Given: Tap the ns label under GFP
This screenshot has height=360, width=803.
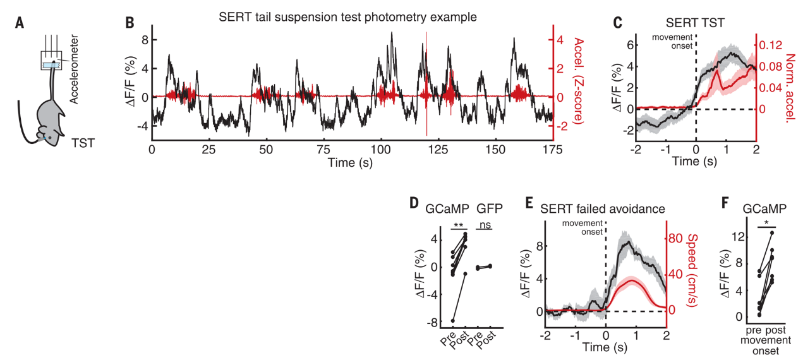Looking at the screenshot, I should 485,224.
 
